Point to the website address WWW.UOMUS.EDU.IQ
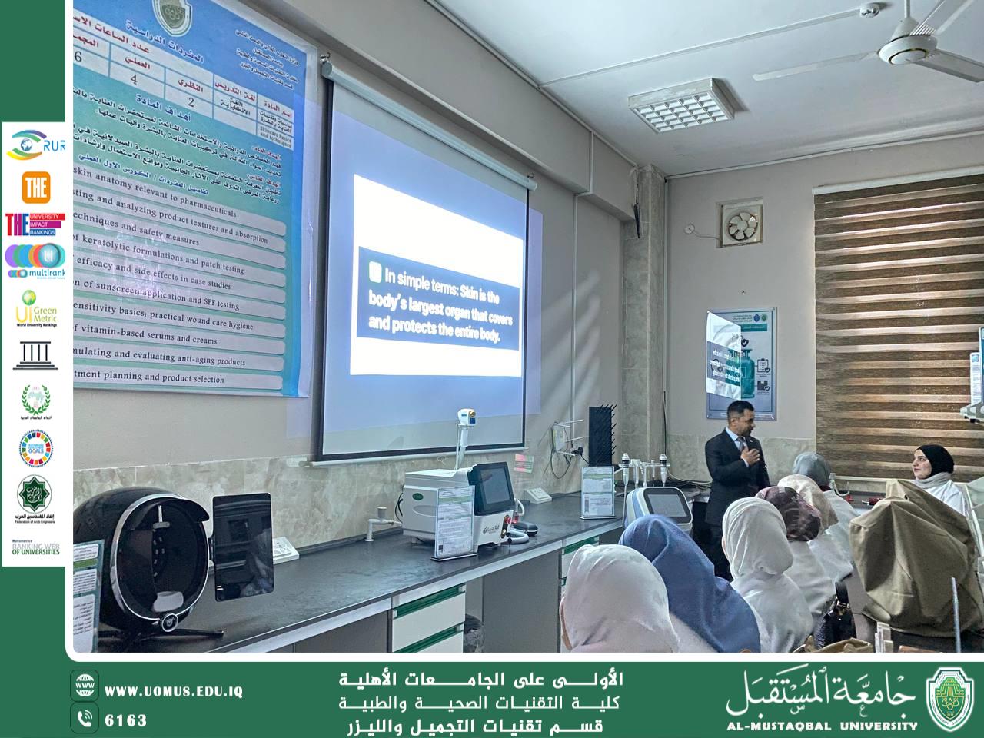(x=174, y=691)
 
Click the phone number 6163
(x=125, y=720)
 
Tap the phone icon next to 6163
(x=85, y=720)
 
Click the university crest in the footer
(x=949, y=697)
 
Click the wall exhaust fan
(x=743, y=224)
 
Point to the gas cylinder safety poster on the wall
(x=741, y=365)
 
